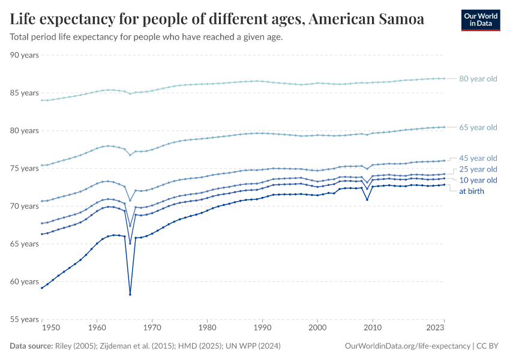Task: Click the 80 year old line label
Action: pos(478,79)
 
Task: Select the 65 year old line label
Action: pos(478,127)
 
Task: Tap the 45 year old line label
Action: pos(478,158)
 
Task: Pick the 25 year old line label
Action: pos(478,169)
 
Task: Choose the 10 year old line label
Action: pos(478,180)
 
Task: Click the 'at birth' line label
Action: pos(471,191)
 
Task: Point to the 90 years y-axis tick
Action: pos(25,55)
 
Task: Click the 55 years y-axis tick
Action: pos(25,320)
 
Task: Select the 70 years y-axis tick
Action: pos(25,206)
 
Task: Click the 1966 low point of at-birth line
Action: pos(130,295)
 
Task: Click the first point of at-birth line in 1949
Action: pos(41,288)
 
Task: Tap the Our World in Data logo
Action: pos(480,20)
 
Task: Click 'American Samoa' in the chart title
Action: pos(367,19)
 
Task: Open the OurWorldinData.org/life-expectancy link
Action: pos(408,346)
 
